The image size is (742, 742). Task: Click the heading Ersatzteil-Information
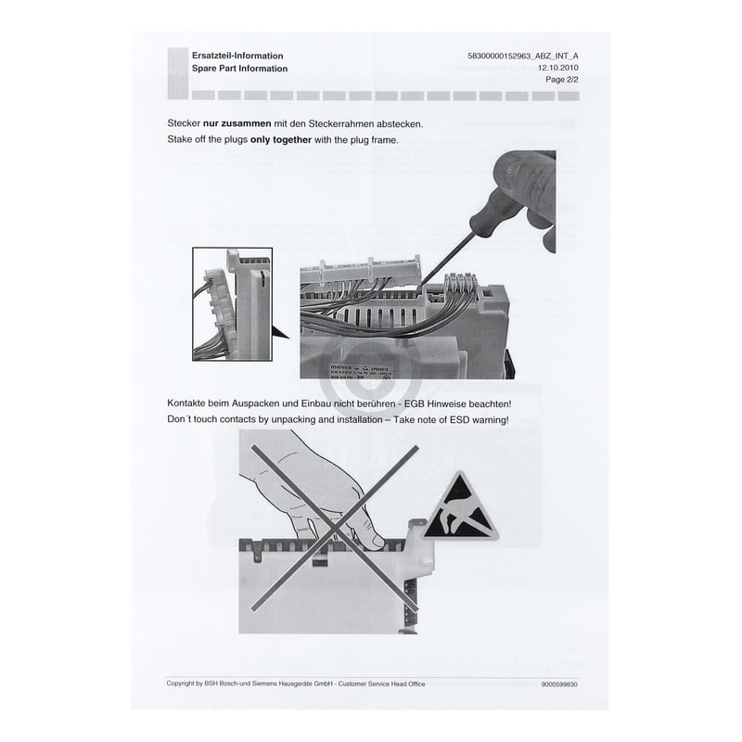[231, 57]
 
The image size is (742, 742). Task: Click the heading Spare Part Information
[238, 69]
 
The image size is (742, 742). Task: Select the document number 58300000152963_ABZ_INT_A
[522, 57]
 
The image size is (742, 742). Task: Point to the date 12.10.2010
[557, 69]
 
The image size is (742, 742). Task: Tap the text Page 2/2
[560, 81]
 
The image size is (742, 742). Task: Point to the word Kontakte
[190, 404]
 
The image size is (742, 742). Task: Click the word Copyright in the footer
[185, 684]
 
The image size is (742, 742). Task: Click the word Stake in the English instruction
[181, 140]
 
